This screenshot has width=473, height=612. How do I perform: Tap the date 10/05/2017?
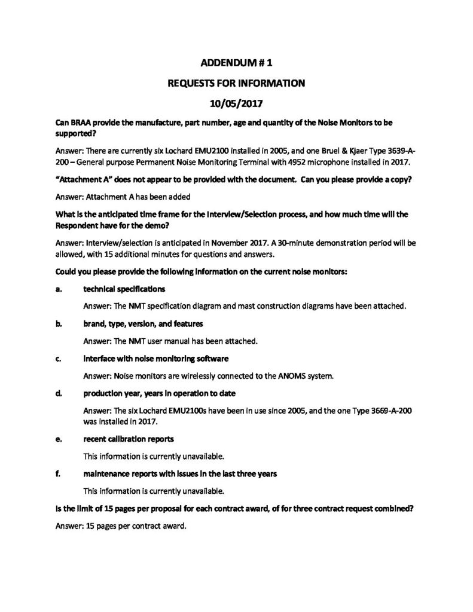click(x=236, y=103)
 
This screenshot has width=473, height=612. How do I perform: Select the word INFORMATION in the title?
click(x=270, y=82)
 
